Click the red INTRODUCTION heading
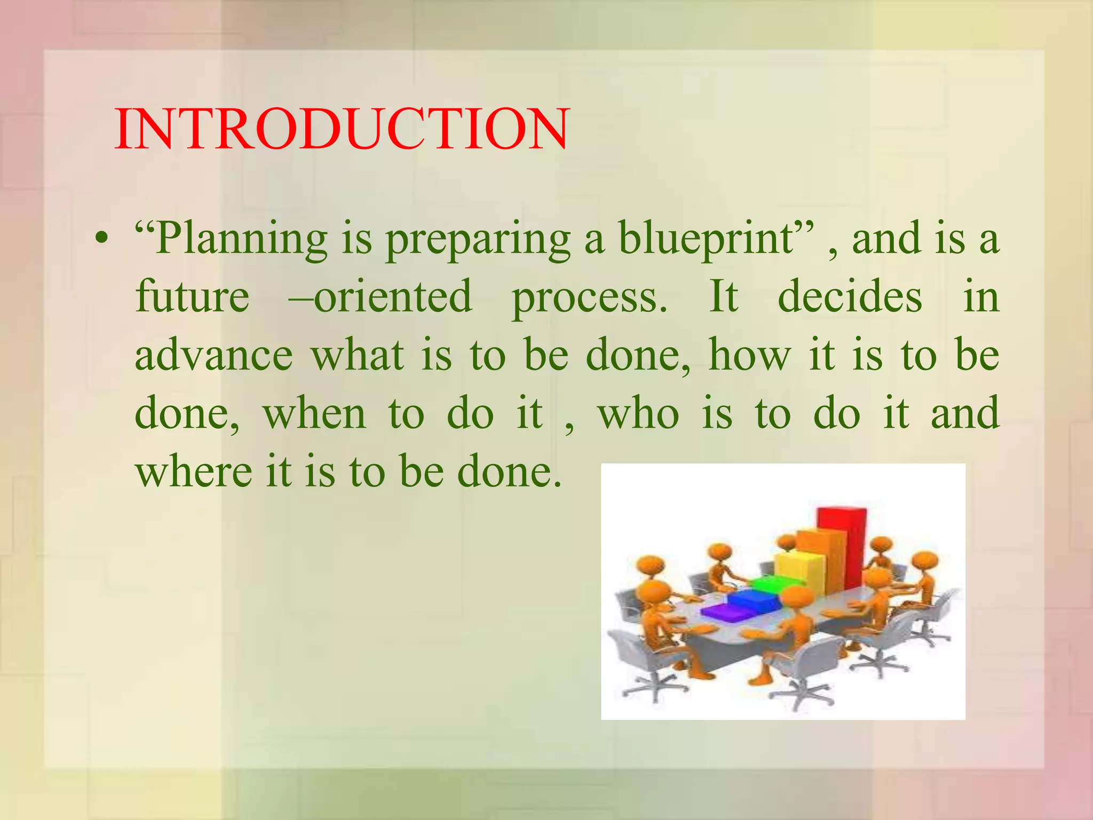tap(342, 130)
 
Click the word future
tap(192, 296)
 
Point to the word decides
tap(850, 296)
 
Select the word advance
tap(213, 355)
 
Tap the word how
tap(749, 355)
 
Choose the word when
tap(315, 414)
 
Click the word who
tap(638, 414)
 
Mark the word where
tap(193, 472)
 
